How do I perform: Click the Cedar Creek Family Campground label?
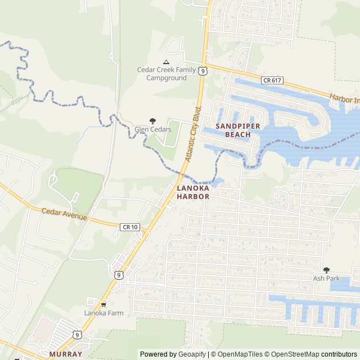coord(166,74)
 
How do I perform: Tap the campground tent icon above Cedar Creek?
coord(166,62)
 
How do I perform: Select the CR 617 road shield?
coord(272,81)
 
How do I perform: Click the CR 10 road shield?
coord(129,226)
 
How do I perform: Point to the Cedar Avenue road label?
coord(65,214)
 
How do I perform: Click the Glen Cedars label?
coord(152,129)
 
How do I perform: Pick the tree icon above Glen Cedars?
coord(152,120)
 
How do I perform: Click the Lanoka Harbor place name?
coord(193,192)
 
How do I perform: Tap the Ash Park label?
coord(326,278)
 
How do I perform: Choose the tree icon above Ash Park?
coord(326,270)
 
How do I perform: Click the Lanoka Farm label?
coord(103,313)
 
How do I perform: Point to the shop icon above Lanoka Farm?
coord(103,304)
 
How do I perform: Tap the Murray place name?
coord(65,354)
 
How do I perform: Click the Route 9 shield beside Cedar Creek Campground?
coord(202,70)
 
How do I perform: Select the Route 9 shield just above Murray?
coord(77,335)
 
